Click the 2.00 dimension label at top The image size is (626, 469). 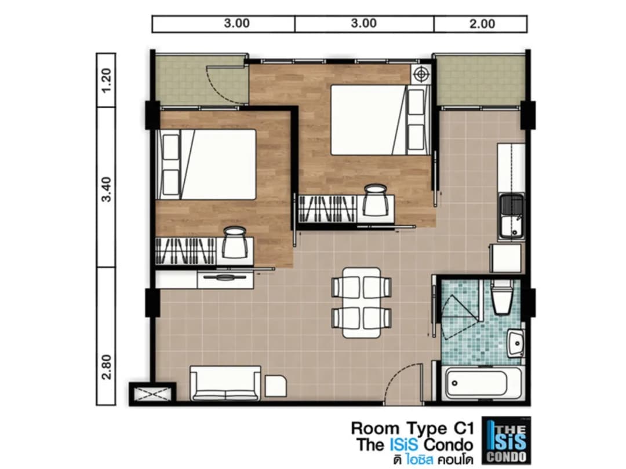482,24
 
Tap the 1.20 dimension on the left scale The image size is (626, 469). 106,80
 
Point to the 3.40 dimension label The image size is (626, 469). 106,189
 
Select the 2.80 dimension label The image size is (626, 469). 106,367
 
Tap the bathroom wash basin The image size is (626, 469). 515,343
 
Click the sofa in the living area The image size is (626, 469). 225,383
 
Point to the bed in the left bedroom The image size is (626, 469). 206,164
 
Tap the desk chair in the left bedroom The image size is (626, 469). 234,243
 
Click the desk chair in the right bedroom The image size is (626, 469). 375,199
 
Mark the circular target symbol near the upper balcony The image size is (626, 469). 420,74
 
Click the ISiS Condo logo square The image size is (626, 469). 507,441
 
